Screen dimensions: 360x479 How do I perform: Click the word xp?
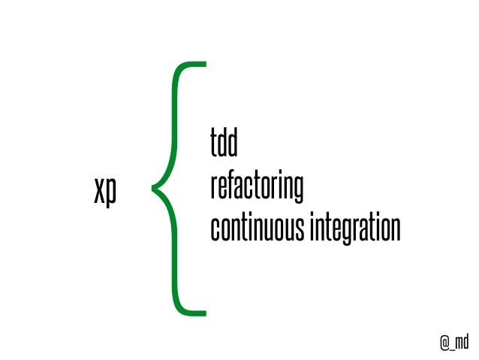click(105, 192)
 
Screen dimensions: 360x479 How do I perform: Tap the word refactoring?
click(256, 188)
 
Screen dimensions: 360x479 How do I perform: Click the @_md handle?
click(453, 342)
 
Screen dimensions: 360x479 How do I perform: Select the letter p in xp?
click(111, 195)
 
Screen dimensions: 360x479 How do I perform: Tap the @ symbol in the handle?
click(444, 342)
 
